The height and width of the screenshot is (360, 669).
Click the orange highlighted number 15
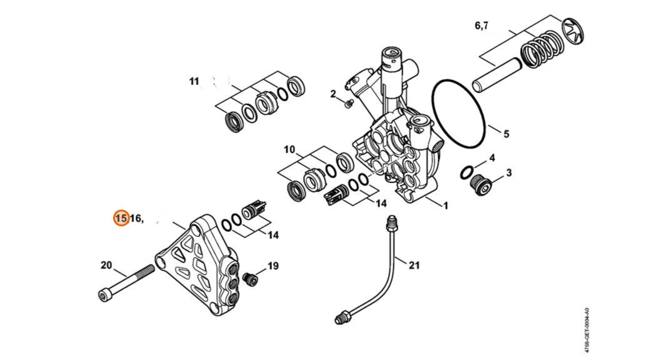[x=121, y=218]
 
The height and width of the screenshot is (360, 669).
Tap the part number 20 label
[x=106, y=265]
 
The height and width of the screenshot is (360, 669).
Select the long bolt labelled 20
[x=126, y=282]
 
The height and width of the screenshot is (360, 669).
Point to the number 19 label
[x=273, y=266]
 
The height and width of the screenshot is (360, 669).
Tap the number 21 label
[x=415, y=265]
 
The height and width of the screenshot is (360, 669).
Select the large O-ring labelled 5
[x=459, y=113]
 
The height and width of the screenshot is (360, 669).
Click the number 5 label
[x=506, y=134]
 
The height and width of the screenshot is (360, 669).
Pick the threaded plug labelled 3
[x=481, y=185]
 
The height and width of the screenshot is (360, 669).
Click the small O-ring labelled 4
[x=466, y=172]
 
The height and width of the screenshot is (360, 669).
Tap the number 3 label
[x=509, y=172]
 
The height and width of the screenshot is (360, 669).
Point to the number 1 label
[x=446, y=206]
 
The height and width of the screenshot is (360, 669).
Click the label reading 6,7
[x=481, y=26]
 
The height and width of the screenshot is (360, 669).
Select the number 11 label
[x=194, y=81]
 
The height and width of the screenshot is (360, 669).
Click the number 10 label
[x=289, y=150]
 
